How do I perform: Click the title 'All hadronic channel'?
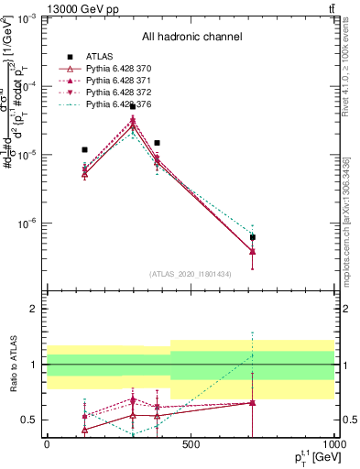click(191, 37)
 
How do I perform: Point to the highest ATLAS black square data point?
click(133, 107)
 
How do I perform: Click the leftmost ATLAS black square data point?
click(84, 149)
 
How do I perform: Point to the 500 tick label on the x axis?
click(191, 445)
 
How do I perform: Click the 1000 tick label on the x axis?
click(333, 445)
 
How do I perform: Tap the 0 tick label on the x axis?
click(47, 445)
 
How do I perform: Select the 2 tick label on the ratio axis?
click(33, 310)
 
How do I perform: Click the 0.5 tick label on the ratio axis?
click(29, 420)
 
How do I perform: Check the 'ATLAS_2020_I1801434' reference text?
click(191, 275)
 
